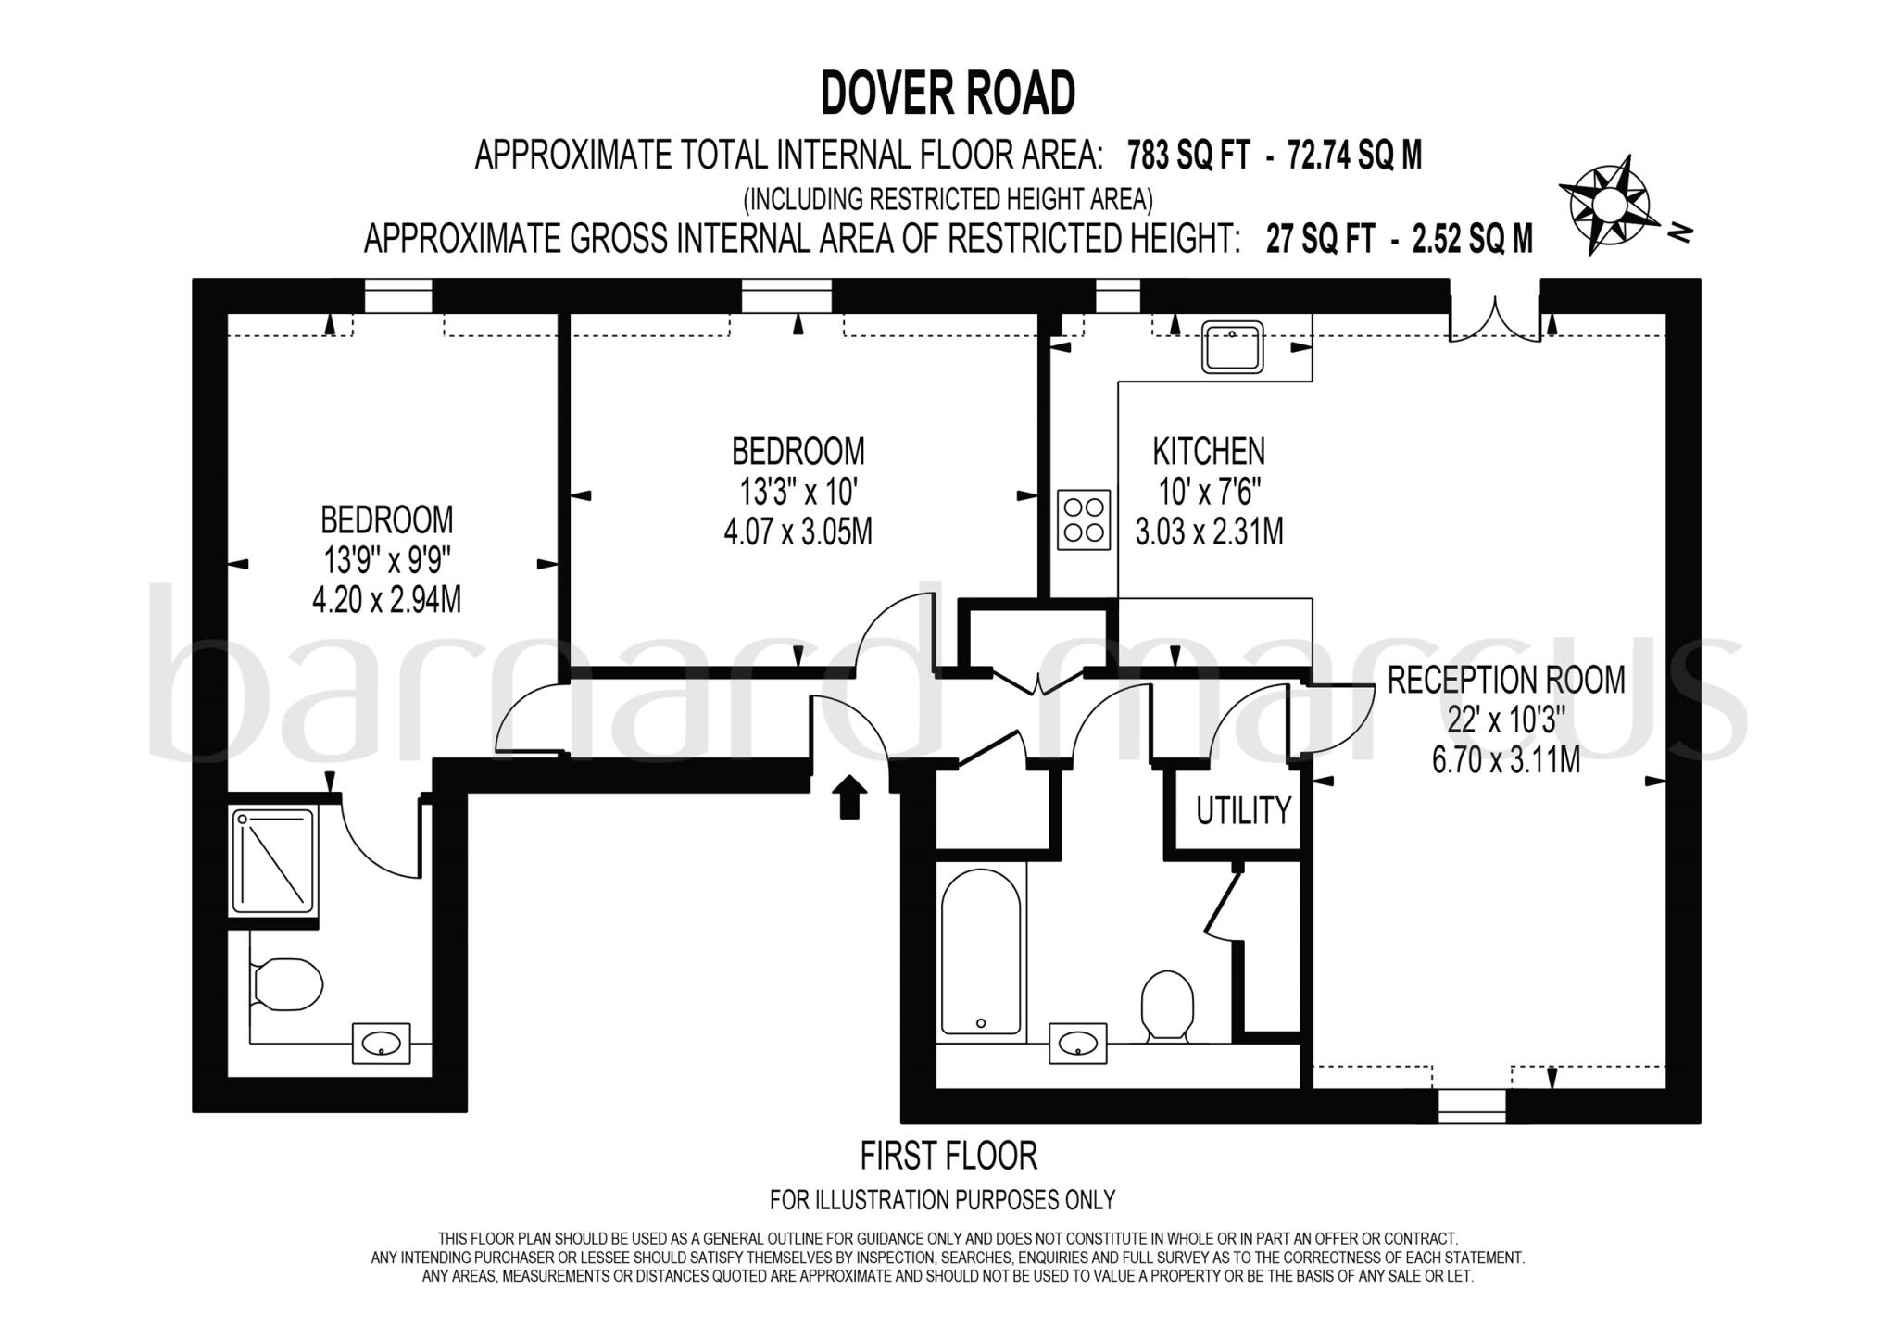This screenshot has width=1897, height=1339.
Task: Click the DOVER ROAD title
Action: [948, 94]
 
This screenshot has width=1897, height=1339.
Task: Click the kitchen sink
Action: [1232, 346]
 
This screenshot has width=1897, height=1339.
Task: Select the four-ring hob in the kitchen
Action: [1084, 519]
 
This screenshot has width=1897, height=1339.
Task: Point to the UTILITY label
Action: [1242, 811]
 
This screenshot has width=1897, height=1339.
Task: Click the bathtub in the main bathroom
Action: [980, 952]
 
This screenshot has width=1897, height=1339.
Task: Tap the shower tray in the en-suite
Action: [272, 857]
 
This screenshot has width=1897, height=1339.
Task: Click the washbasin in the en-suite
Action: [381, 1045]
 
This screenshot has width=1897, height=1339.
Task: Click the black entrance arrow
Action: [849, 796]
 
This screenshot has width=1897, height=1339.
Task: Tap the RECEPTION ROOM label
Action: [1505, 681]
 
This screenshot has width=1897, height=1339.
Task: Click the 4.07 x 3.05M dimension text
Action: [798, 532]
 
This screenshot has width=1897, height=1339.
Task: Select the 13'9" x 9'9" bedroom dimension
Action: [386, 560]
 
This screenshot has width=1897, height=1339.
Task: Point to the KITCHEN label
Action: [1208, 452]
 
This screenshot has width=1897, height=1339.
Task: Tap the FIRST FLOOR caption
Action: [948, 1156]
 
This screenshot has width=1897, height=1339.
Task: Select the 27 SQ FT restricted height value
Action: [1320, 239]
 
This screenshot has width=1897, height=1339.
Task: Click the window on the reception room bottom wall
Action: [1471, 1106]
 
